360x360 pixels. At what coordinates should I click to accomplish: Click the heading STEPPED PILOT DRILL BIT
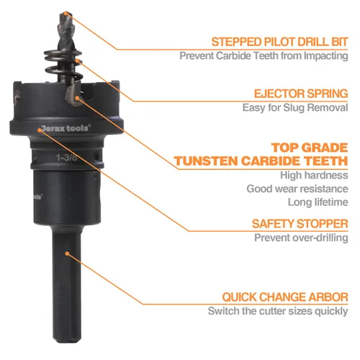279,42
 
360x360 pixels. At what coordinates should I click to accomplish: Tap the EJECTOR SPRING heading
301,94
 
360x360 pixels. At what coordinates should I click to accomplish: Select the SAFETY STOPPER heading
300,224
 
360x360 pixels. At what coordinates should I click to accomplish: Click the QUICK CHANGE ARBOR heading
285,297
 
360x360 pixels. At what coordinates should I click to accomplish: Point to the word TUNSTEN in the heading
206,161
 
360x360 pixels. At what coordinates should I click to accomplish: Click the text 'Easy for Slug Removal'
295,107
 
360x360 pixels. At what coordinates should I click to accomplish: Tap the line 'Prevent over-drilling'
301,238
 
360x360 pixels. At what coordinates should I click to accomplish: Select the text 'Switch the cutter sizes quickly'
278,311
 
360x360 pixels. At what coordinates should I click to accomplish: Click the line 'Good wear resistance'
297,189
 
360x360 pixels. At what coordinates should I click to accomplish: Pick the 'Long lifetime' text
318,202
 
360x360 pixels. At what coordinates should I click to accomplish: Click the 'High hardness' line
314,175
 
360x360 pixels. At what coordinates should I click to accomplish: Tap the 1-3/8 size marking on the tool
67,158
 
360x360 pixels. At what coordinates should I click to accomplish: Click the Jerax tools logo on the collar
66,128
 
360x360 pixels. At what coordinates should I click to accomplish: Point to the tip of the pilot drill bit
66,12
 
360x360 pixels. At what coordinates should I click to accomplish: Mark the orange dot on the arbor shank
67,253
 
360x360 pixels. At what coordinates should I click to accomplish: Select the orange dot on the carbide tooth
77,98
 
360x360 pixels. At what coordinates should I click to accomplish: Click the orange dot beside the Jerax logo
39,130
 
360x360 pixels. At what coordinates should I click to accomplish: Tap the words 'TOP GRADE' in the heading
310,148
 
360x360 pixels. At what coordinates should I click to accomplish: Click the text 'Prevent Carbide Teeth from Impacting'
264,55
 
